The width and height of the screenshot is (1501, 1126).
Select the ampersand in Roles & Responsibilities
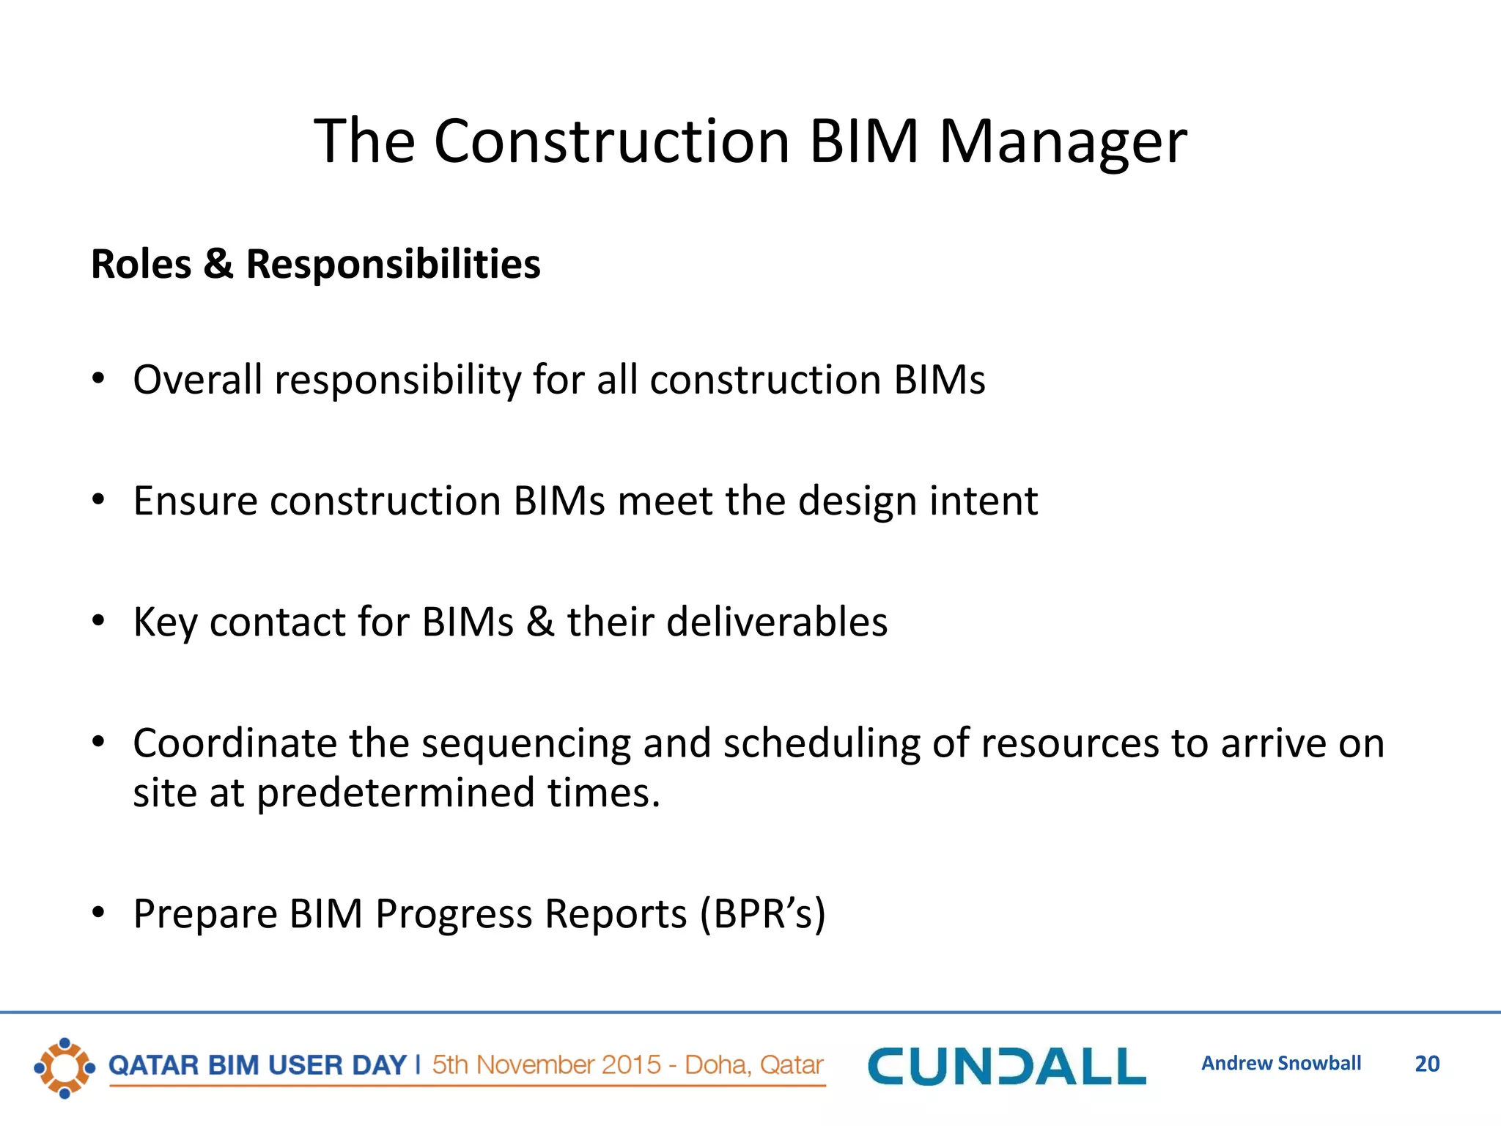pos(218,264)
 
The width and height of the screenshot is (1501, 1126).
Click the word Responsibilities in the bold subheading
pos(393,265)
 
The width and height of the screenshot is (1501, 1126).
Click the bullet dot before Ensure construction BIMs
pos(99,500)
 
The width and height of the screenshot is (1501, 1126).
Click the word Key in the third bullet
pos(164,623)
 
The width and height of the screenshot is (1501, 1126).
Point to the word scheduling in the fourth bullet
pos(821,745)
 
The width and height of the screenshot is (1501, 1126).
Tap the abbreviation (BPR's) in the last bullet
pos(762,914)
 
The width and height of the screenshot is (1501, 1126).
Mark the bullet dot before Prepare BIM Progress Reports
pos(99,913)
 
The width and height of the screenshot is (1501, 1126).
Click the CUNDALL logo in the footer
pos(1006,1066)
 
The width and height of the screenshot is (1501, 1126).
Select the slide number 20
pos(1426,1064)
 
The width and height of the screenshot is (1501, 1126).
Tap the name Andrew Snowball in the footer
pos(1280,1064)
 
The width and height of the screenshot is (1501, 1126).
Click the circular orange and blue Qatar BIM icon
pos(64,1068)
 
